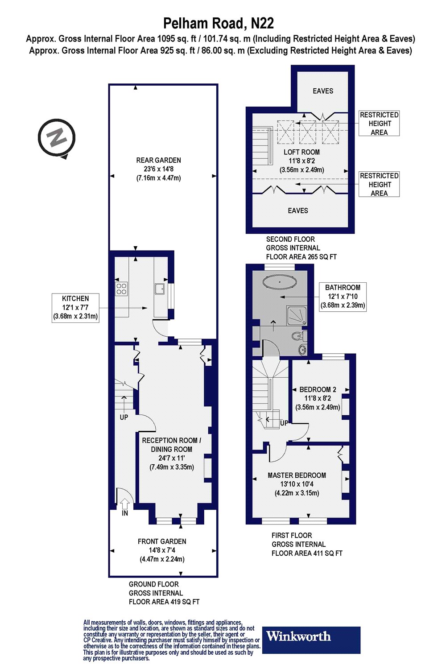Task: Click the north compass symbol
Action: pyautogui.click(x=57, y=138)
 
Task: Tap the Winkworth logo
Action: pyautogui.click(x=311, y=640)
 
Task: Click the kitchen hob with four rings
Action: pyautogui.click(x=121, y=289)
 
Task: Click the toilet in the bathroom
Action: pyautogui.click(x=299, y=336)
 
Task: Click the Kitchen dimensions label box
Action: pyautogui.click(x=75, y=308)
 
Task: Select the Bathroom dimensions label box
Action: pyautogui.click(x=343, y=297)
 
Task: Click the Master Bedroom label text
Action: pyautogui.click(x=297, y=475)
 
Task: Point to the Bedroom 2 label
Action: pyautogui.click(x=318, y=389)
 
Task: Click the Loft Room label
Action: pyautogui.click(x=301, y=152)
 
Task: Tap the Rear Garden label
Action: pyautogui.click(x=158, y=160)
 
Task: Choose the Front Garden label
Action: pyautogui.click(x=162, y=541)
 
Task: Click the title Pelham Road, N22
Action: pyautogui.click(x=219, y=23)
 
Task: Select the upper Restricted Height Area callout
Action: pyautogui.click(x=379, y=124)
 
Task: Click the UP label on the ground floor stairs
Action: pyautogui.click(x=124, y=417)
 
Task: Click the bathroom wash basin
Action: pyautogui.click(x=303, y=348)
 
